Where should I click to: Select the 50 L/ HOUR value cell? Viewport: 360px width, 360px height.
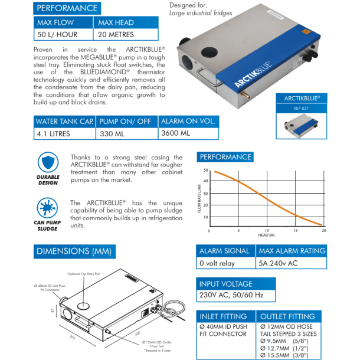(57, 35)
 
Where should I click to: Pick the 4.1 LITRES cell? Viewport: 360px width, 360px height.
(53, 133)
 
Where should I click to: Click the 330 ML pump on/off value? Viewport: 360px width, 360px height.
(113, 133)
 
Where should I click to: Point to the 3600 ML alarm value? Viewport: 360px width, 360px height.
(175, 133)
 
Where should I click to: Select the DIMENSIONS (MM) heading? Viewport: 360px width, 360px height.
(74, 251)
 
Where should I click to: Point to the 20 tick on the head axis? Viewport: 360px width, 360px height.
(323, 231)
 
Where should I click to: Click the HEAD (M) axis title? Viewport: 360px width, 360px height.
(266, 235)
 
